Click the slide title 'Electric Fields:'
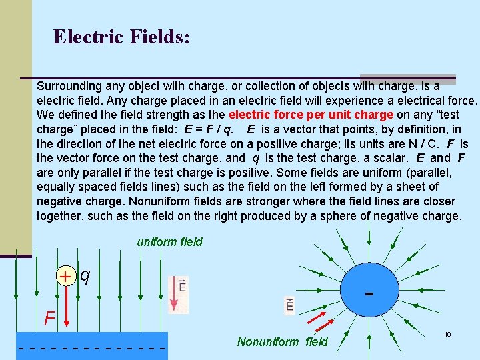tap(121, 36)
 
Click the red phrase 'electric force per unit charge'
tap(311, 114)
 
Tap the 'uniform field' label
tap(169, 242)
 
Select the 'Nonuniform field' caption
tap(283, 342)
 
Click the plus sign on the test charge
tap(65, 276)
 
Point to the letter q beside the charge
tap(85, 274)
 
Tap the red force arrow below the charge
tap(66, 306)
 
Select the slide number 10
tap(448, 334)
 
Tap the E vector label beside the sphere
tap(289, 305)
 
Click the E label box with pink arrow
tap(179, 294)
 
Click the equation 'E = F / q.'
tap(199, 129)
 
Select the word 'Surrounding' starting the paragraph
tap(69, 86)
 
